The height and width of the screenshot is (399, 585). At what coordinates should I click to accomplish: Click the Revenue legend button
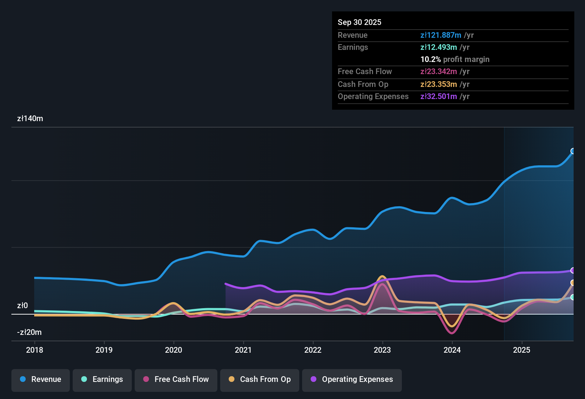[x=41, y=379]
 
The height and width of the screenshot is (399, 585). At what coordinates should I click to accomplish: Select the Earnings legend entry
[x=102, y=379]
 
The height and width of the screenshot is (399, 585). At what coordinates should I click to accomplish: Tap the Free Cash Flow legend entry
[x=176, y=379]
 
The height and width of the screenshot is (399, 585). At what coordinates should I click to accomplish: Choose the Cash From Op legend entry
[x=260, y=379]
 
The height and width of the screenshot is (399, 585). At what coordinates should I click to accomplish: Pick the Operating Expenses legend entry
[x=352, y=379]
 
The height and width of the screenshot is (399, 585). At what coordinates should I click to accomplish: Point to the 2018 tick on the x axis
[x=35, y=350]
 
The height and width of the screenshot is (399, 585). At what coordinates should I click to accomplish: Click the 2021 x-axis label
[x=243, y=350]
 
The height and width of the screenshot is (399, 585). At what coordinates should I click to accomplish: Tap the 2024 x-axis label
[x=452, y=350]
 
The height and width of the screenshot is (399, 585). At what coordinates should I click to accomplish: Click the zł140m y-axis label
[x=30, y=119]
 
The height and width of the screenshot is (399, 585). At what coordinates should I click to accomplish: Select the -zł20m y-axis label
[x=29, y=332]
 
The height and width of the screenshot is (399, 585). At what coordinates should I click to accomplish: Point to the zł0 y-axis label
[x=22, y=306]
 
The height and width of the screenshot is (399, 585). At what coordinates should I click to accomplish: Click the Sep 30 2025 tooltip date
[x=359, y=22]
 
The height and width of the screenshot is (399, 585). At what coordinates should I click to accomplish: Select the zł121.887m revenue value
[x=441, y=35]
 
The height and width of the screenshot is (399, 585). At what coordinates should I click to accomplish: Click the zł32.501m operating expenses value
[x=439, y=97]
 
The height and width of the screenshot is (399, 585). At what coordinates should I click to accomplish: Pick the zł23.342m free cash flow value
[x=439, y=72]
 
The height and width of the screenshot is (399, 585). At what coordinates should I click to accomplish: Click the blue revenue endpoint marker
[x=573, y=151]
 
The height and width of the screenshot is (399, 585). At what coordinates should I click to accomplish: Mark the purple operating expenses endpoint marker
[x=573, y=270]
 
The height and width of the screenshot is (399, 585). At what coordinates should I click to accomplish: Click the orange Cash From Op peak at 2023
[x=382, y=276]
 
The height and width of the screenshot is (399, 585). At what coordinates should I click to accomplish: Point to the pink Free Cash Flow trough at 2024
[x=452, y=333]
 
